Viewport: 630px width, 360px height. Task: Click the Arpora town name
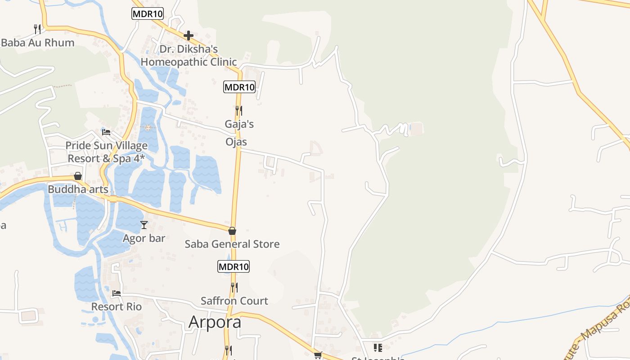(215, 322)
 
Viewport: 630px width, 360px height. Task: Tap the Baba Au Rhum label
(38, 43)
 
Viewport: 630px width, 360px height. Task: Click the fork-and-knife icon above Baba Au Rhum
(37, 29)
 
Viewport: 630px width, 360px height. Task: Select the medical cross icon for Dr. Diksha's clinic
(189, 35)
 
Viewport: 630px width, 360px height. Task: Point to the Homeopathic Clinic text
(189, 62)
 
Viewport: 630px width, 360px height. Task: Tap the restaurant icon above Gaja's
(239, 110)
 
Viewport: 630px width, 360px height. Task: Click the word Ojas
(236, 142)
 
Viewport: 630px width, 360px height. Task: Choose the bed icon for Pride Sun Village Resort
(106, 132)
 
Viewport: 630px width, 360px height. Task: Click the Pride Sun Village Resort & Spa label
(107, 152)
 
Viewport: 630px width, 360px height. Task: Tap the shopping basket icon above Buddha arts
(78, 176)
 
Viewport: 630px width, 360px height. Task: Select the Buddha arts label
(78, 189)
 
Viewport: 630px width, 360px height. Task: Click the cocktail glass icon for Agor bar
(144, 225)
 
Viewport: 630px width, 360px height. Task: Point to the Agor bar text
(144, 238)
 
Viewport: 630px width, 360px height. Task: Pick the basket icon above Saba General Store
(232, 231)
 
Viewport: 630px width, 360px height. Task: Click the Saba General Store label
(232, 244)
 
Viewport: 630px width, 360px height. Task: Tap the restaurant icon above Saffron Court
(234, 287)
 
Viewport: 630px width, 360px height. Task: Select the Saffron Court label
(234, 301)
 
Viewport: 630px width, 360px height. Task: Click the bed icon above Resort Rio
(117, 293)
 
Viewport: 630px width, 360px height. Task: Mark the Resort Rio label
(117, 307)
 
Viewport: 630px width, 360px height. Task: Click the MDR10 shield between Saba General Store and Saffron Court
(234, 266)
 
